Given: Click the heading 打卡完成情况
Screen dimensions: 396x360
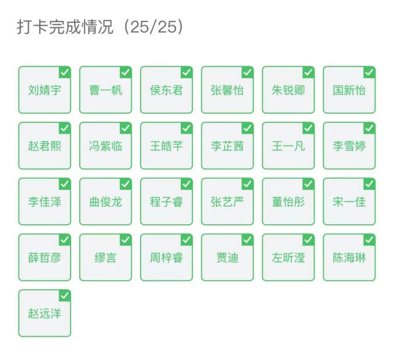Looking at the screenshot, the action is (65, 27).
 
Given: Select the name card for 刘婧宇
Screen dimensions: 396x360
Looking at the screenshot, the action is (45, 90).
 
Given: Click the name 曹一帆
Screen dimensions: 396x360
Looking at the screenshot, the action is (106, 90).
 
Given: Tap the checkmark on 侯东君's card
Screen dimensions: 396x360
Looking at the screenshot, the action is (187, 73).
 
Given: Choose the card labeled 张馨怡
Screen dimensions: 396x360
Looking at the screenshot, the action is (227, 90).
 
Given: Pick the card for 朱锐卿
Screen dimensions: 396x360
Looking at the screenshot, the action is (288, 90).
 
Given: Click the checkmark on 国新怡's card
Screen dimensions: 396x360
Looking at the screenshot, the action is (369, 73).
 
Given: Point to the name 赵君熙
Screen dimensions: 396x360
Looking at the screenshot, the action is (45, 146).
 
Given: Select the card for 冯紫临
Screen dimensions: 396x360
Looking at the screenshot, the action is (106, 146).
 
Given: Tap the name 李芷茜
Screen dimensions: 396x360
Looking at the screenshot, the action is (227, 146).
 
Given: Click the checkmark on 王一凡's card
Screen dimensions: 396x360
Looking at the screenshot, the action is (308, 128).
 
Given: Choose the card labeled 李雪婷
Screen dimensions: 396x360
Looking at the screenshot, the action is (349, 146).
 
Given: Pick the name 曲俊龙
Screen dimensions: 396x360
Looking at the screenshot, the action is (106, 202).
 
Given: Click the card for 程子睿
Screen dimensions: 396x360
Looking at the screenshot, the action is (166, 202).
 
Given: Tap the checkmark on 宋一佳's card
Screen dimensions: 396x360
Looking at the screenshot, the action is (369, 184).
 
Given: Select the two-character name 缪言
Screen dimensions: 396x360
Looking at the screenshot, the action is (106, 258).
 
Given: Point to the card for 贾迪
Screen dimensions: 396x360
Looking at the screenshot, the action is (227, 257).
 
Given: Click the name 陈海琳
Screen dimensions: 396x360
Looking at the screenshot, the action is (349, 258).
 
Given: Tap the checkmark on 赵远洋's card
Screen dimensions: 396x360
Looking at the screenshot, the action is (65, 296).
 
